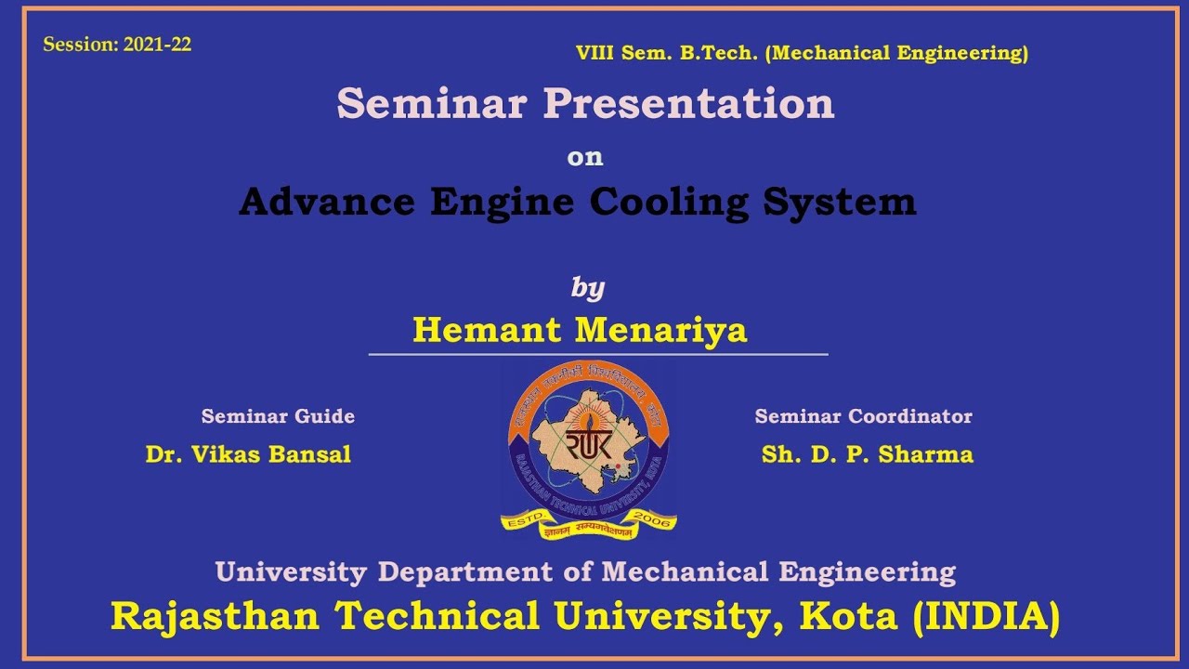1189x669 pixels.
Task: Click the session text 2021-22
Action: point(157,44)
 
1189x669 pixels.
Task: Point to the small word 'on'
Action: point(585,157)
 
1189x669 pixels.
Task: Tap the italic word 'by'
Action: point(587,288)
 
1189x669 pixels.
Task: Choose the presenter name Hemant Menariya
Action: point(580,330)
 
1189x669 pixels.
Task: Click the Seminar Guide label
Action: point(278,416)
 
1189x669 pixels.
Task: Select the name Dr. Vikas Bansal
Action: point(248,454)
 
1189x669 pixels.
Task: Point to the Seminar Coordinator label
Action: point(863,416)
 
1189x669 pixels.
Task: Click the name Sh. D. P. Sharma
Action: point(867,454)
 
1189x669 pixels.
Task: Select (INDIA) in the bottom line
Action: point(986,616)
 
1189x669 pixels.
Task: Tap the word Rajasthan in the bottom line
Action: point(215,616)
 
